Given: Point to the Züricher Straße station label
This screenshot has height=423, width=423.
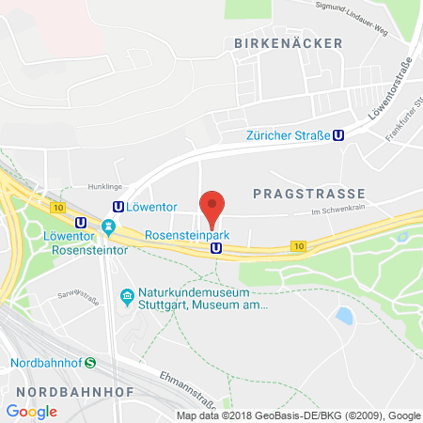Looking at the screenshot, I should click(x=288, y=135).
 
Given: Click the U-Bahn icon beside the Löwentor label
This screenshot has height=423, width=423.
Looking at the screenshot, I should click(x=118, y=207).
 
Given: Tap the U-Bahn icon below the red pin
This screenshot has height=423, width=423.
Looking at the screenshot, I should click(x=217, y=248).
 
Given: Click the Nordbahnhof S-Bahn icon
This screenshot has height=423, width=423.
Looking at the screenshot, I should click(x=89, y=363).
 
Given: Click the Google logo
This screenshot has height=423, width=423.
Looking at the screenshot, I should click(x=31, y=411).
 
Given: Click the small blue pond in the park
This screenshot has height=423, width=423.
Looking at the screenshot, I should click(x=344, y=316).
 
